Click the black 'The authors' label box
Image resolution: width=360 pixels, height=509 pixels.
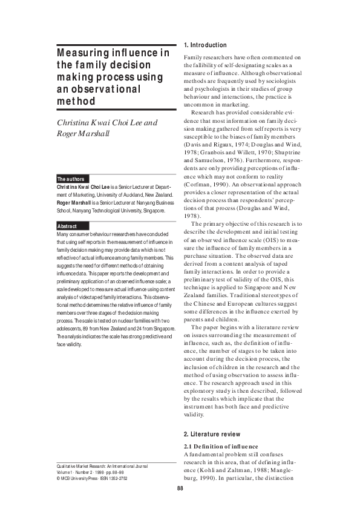click(x=71, y=179)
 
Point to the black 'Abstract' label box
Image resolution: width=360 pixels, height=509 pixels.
click(x=67, y=226)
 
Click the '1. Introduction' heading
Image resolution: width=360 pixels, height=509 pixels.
click(x=205, y=45)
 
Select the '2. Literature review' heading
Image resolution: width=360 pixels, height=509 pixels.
click(x=211, y=434)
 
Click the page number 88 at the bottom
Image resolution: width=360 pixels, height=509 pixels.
click(x=180, y=488)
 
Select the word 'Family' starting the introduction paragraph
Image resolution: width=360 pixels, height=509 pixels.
click(x=193, y=57)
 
